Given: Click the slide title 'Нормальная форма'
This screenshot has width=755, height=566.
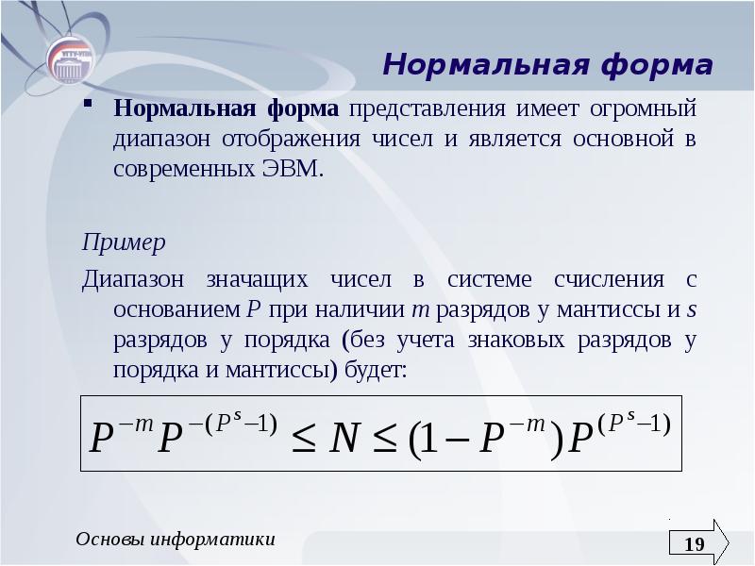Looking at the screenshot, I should pyautogui.click(x=547, y=66).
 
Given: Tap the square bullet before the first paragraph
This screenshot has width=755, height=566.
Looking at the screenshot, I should pyautogui.click(x=87, y=104).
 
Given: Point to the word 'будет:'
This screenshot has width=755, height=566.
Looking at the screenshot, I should pyautogui.click(x=375, y=370).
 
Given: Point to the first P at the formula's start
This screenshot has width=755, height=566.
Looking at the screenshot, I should pyautogui.click(x=100, y=441).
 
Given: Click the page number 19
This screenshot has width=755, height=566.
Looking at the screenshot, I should pyautogui.click(x=694, y=544).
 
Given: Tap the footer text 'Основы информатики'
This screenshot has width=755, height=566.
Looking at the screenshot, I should pyautogui.click(x=176, y=540).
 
